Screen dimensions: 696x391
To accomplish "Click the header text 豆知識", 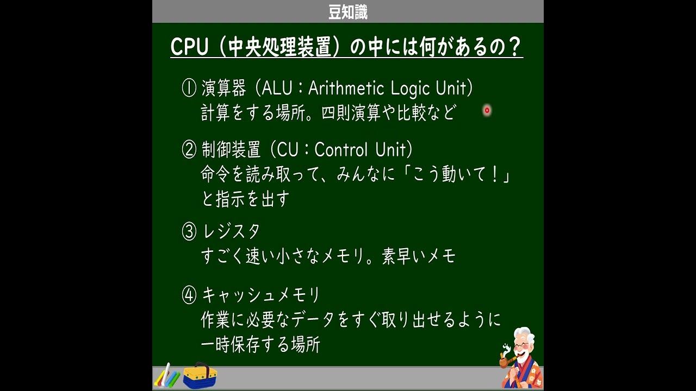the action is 347,12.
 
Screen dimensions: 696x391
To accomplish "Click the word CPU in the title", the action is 189,47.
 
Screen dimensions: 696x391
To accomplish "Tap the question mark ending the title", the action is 515,47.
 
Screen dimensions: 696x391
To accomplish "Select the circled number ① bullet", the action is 189,88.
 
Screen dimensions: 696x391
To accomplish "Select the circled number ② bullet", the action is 189,149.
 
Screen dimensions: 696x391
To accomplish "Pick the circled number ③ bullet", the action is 189,231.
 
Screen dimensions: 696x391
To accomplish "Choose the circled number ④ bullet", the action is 189,295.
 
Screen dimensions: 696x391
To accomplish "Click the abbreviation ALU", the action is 277,88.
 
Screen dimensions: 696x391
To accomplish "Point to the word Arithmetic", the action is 346,88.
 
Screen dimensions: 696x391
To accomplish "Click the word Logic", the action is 410,89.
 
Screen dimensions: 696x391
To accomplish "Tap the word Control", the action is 341,149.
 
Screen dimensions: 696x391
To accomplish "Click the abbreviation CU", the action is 288,149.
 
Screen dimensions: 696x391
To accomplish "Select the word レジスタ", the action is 231,231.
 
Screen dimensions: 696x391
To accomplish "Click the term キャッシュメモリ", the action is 260,295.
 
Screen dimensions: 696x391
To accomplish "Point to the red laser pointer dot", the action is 487,110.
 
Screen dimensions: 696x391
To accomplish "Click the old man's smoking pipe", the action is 507,362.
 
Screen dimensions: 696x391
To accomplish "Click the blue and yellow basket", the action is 200,375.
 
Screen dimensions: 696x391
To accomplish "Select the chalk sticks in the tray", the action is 167,376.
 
